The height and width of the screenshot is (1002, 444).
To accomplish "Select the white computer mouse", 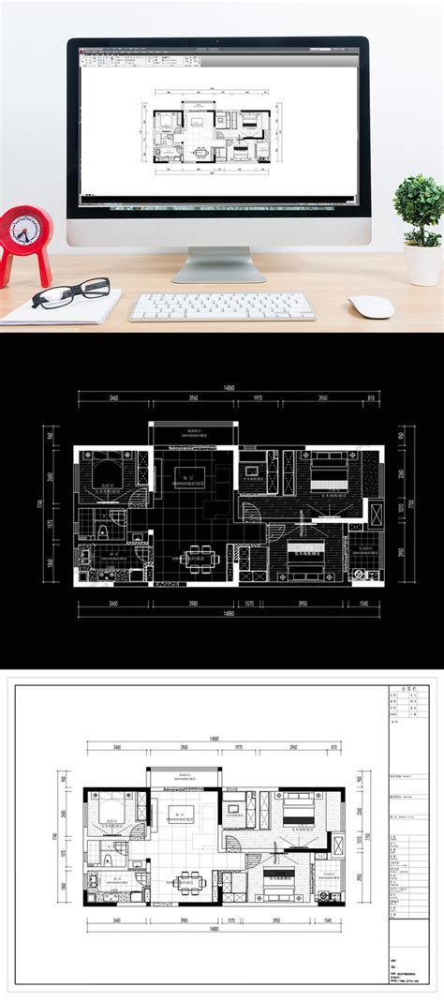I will [x=371, y=307].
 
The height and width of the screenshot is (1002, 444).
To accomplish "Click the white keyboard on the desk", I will [x=222, y=307].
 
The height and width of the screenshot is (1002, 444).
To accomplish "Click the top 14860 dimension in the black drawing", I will [x=228, y=388].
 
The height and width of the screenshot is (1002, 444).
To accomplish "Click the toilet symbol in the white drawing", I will [x=111, y=860].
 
